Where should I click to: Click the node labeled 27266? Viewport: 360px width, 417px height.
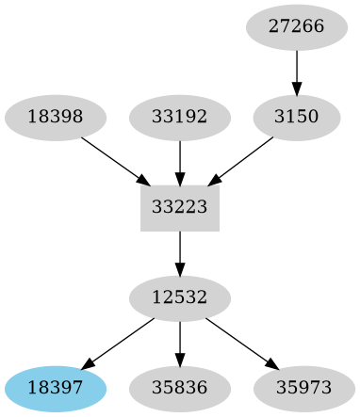[x=297, y=26]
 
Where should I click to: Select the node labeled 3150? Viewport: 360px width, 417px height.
[x=297, y=117]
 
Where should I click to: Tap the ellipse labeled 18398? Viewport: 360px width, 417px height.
[x=56, y=117]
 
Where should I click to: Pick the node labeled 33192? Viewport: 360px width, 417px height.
[x=180, y=117]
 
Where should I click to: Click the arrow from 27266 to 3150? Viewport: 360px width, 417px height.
[x=297, y=72]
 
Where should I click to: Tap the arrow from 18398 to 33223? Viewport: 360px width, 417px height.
[x=113, y=159]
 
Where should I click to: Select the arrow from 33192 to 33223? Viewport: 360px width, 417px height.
[x=180, y=161]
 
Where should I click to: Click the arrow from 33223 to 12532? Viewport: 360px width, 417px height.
[x=180, y=252]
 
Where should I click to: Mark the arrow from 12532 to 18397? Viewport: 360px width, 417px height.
[x=119, y=342]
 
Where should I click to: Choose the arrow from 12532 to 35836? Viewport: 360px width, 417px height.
[x=180, y=343]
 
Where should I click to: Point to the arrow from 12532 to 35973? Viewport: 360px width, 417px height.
[x=241, y=342]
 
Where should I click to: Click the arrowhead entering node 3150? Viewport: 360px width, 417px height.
[x=297, y=90]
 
